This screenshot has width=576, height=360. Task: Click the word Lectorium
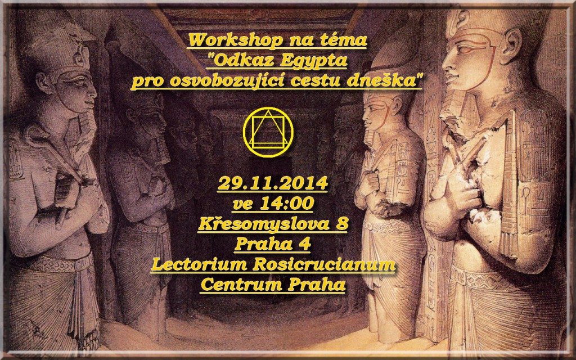(x=193, y=264)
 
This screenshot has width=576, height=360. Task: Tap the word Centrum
(x=234, y=285)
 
